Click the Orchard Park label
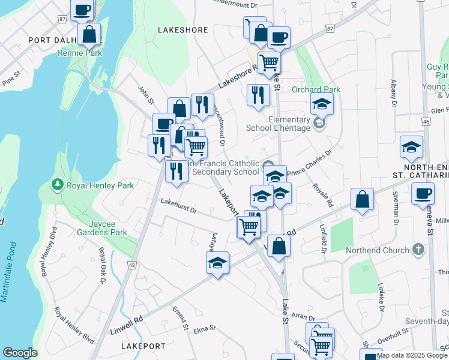pos(316,89)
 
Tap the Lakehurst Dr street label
pos(178,210)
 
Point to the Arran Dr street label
pos(303,317)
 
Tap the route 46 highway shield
pos(426,122)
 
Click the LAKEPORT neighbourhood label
pos(143,346)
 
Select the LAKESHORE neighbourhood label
pos(182,29)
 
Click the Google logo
pos(20,353)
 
